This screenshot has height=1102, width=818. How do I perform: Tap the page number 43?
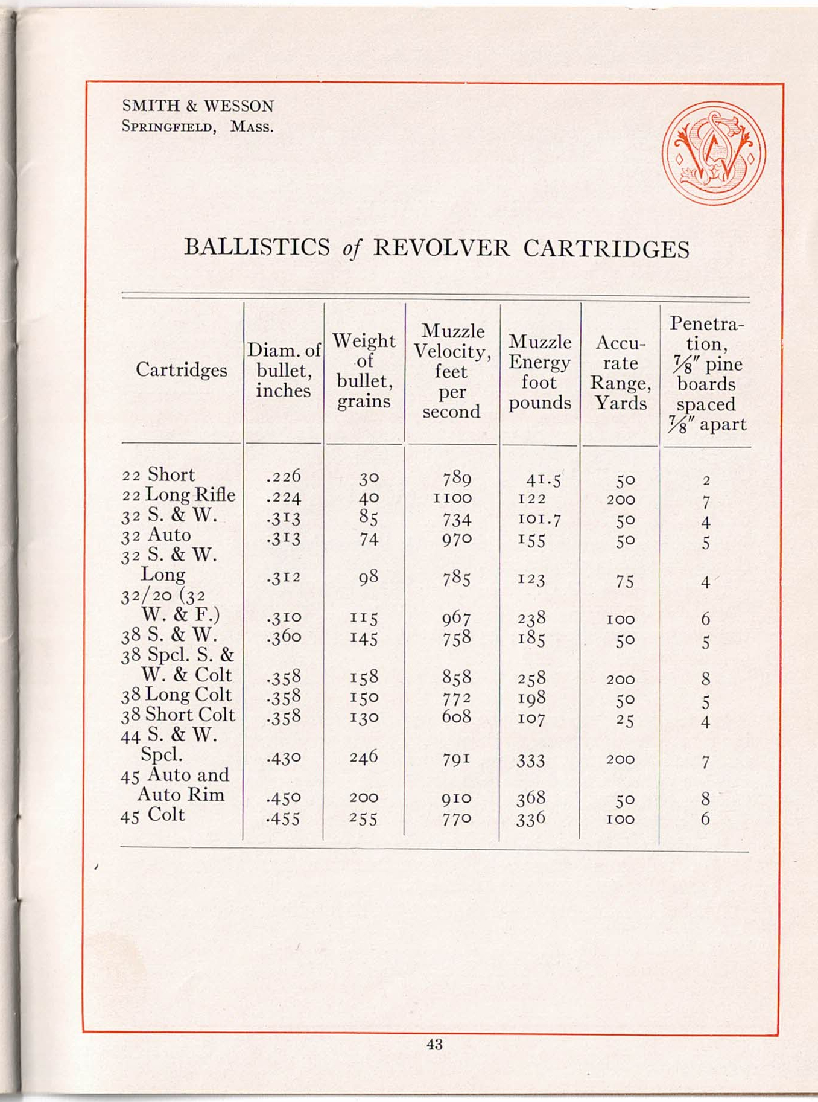coord(434,1044)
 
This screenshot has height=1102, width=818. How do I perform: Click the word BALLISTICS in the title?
coord(257,248)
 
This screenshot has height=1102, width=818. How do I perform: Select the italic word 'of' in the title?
coord(351,249)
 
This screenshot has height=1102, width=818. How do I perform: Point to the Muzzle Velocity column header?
coord(452,371)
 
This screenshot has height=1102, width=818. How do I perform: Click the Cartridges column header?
coord(181,369)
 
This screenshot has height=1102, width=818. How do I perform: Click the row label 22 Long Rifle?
coord(179,495)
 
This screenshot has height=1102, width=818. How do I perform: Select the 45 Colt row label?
coord(153,815)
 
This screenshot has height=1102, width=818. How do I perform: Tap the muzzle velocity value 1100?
coord(452,498)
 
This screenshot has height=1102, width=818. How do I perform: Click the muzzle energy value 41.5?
coord(543,479)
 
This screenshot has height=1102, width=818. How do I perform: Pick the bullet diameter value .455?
coord(283,818)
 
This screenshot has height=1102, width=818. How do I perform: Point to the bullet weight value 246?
coord(364,757)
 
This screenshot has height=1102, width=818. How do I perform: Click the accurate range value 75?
coord(624,581)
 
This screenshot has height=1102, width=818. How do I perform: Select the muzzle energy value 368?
coord(531,798)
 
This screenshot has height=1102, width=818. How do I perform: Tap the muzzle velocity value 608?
coord(456,717)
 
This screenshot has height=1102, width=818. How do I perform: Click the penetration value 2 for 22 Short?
coord(706,481)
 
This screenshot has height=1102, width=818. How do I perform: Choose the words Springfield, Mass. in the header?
coord(197,127)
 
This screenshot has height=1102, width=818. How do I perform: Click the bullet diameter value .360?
coord(283,637)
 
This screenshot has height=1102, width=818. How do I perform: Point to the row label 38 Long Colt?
coord(176,695)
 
